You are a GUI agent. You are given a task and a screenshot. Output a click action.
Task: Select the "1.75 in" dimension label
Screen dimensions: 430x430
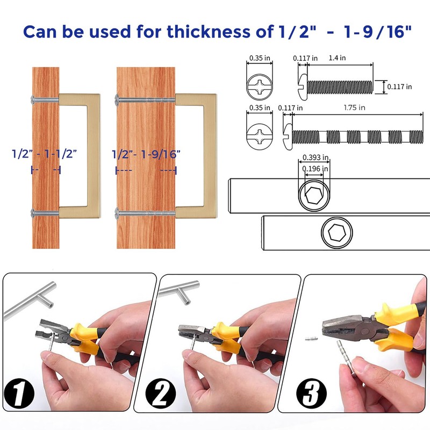point(355,107)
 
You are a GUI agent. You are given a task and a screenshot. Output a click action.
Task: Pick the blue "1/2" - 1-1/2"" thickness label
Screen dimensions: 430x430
point(45,154)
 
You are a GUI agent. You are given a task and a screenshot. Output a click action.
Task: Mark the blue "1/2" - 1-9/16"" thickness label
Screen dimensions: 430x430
point(146,154)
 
